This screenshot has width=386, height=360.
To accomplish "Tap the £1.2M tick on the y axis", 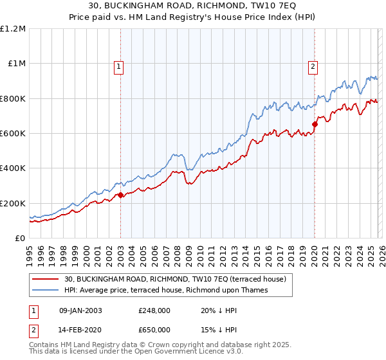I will [x=13, y=29].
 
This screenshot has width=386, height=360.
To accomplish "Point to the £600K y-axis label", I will [x=12, y=133].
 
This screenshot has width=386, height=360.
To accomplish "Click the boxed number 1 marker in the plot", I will [x=120, y=66].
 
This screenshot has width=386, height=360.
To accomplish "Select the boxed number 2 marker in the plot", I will [x=313, y=66].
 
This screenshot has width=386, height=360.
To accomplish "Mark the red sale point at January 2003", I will [x=120, y=195].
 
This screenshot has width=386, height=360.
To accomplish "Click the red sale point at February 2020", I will [x=315, y=125].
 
